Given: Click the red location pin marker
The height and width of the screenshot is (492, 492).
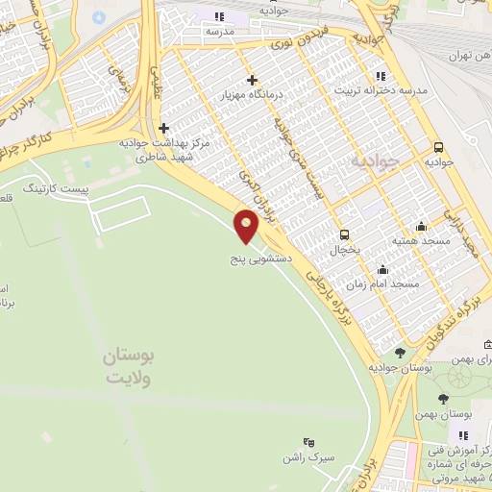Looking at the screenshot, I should point(247,228).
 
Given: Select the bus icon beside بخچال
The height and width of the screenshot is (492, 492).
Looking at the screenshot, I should point(344,234).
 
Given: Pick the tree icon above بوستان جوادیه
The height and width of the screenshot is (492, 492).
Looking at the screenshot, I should point(400,353).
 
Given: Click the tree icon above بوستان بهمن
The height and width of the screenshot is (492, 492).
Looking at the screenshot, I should point(443,399).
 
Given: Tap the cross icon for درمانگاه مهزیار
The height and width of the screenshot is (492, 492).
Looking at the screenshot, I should point(252,80).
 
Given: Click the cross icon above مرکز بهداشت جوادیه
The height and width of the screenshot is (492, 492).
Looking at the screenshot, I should point(164,127).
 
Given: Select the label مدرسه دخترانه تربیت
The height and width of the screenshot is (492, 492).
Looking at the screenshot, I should point(380,91).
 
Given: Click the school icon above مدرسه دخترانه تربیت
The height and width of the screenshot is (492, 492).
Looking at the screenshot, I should point(381,75).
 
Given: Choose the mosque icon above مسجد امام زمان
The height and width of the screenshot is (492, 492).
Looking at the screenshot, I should point(383,269).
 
